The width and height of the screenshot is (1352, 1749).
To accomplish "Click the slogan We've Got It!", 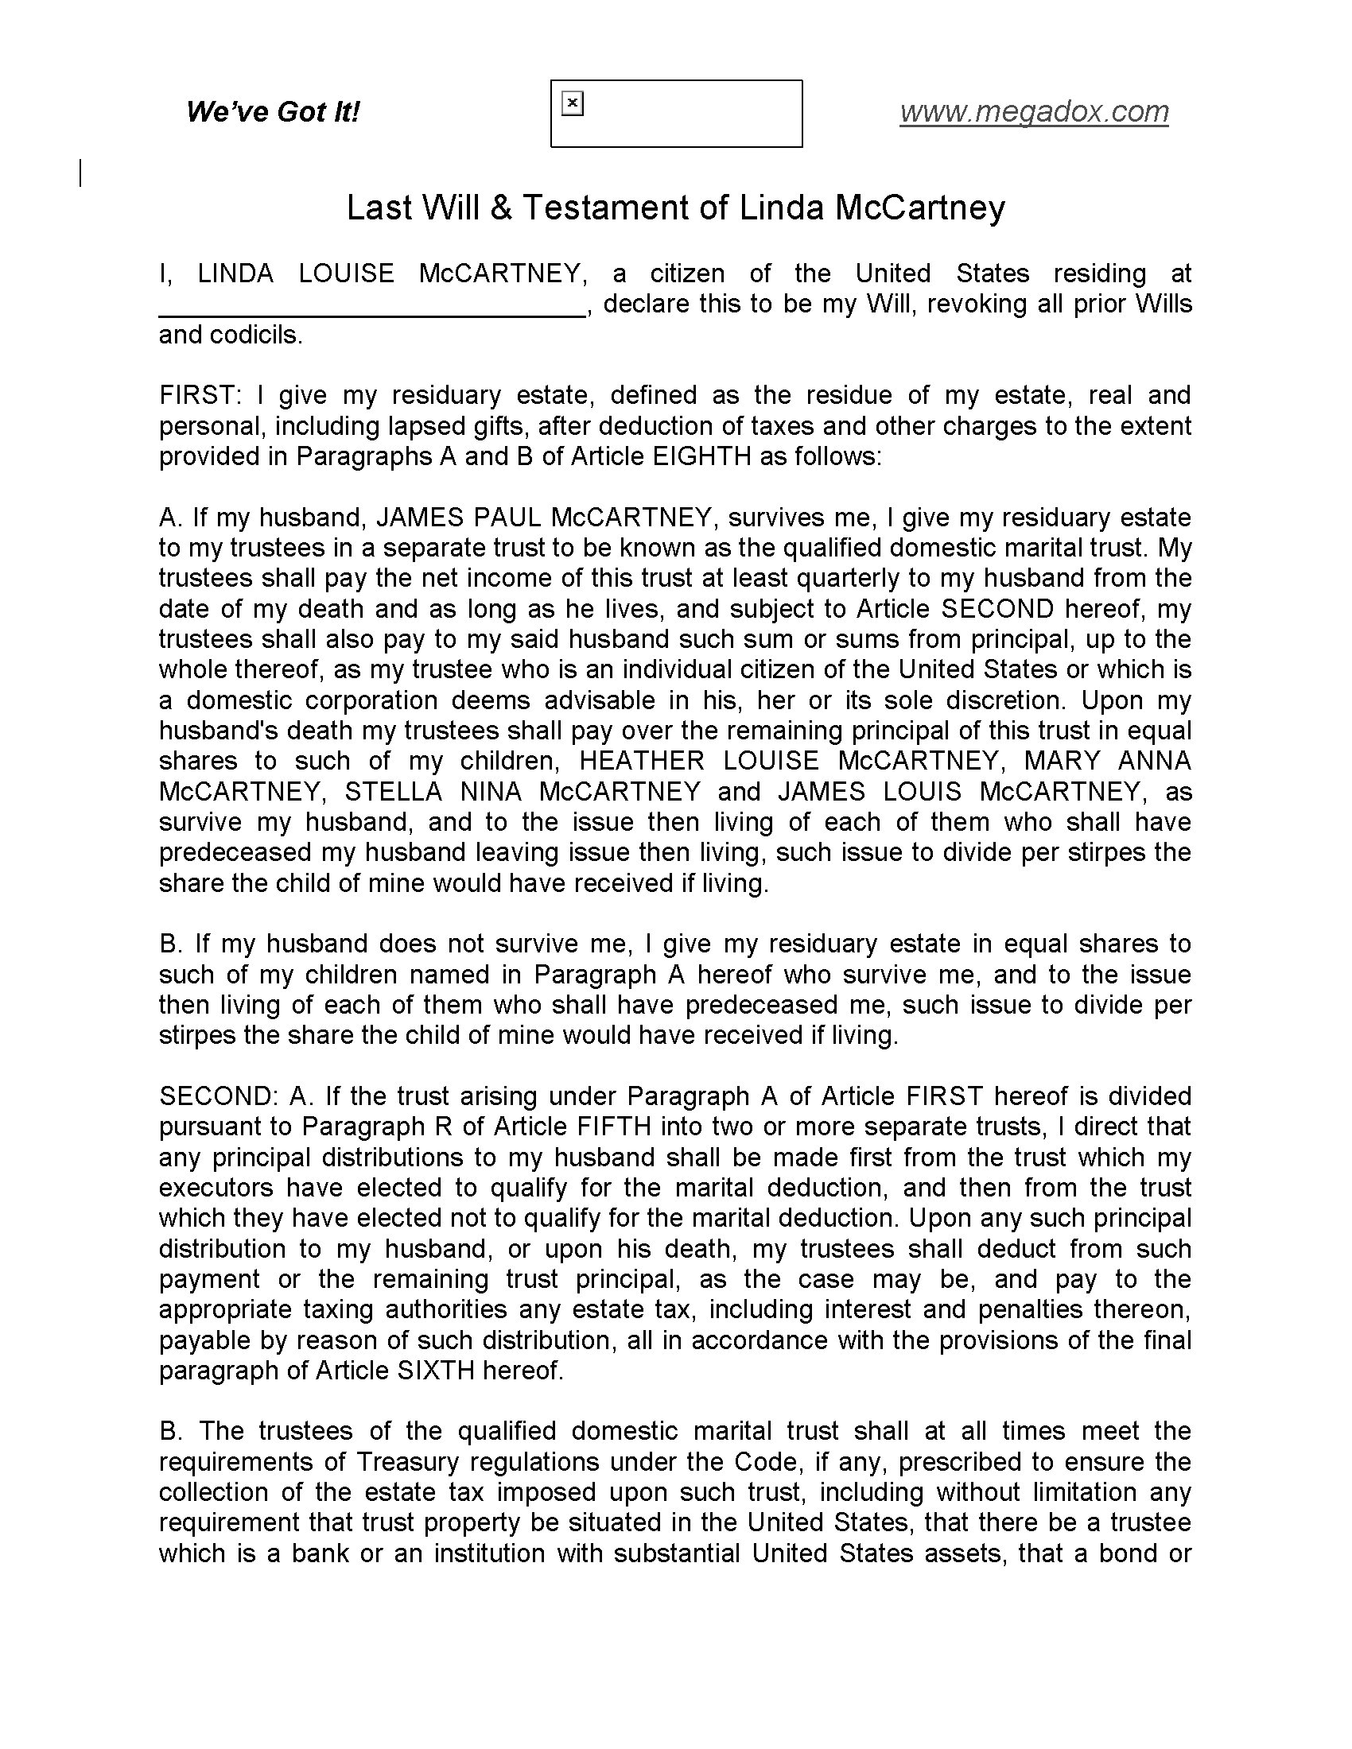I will (272, 111).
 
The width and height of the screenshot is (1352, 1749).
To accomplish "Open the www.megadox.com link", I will (1033, 111).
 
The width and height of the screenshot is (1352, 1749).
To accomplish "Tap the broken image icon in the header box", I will (573, 103).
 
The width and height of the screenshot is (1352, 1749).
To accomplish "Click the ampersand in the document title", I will (500, 208).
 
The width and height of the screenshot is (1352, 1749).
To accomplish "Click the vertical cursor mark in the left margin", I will (81, 174).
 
